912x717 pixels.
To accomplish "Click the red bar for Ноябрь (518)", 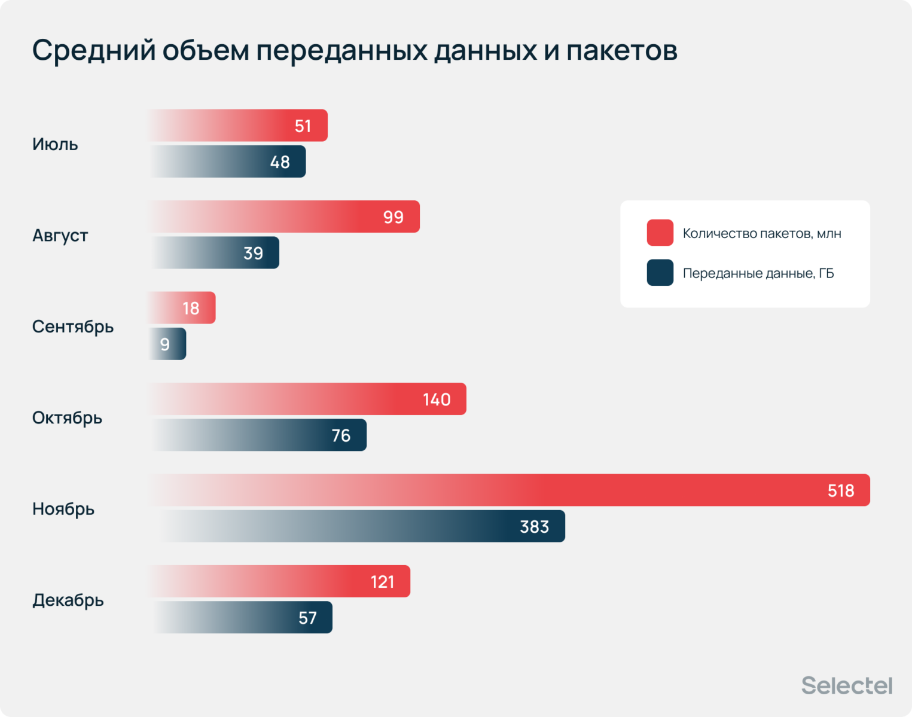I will tap(508, 490).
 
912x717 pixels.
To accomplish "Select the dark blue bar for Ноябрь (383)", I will tap(359, 526).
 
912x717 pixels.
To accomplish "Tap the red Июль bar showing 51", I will tap(239, 126).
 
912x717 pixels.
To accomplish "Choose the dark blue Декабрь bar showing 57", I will tap(242, 617).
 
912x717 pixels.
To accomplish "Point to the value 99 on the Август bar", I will tap(393, 217).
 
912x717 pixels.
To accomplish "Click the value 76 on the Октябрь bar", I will tap(341, 435).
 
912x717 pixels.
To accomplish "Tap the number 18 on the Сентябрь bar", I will tap(191, 308).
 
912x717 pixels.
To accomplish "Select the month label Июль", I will tap(55, 144).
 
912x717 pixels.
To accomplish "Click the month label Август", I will tap(60, 236).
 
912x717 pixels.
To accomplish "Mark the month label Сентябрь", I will tap(73, 327).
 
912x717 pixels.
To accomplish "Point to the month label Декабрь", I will tap(68, 600).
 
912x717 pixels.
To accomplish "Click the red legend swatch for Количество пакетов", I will tap(660, 233).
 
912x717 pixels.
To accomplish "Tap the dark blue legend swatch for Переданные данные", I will tap(660, 273).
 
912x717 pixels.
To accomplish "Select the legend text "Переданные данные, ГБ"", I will tap(758, 273).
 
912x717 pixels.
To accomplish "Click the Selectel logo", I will tap(847, 685).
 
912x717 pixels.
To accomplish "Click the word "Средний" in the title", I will tap(94, 50).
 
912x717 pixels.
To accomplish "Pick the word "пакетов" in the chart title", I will tap(622, 50).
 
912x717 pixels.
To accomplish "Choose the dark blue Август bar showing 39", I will tap(215, 252).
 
